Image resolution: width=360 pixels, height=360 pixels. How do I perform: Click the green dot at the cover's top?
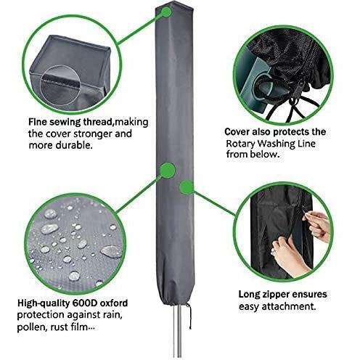(166, 12)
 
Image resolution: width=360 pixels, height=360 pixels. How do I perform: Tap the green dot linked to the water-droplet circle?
(168, 170)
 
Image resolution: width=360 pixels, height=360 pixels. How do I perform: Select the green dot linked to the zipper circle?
(187, 187)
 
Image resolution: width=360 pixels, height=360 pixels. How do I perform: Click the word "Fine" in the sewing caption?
(38, 122)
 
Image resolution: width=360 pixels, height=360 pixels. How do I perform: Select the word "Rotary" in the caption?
(240, 144)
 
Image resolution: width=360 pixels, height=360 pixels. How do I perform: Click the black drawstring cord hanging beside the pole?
(189, 316)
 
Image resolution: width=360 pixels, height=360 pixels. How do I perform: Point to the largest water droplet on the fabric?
(111, 252)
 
